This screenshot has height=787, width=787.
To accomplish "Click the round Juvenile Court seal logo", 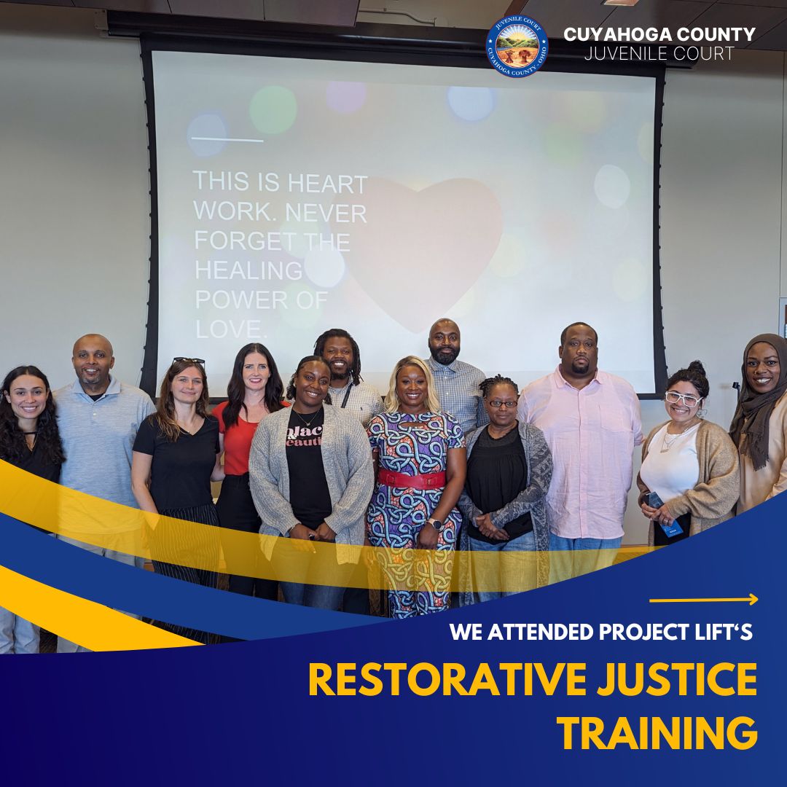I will pyautogui.click(x=517, y=46).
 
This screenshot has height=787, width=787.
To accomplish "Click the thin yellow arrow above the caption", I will pyautogui.click(x=703, y=600).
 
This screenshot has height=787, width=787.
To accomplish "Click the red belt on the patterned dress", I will pyautogui.click(x=412, y=479).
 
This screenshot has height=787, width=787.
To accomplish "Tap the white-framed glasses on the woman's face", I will pyautogui.click(x=683, y=399).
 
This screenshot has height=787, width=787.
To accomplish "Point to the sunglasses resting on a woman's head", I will pyautogui.click(x=189, y=361).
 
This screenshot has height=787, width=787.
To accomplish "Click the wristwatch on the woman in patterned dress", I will pyautogui.click(x=434, y=523).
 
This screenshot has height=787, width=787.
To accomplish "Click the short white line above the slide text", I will pyautogui.click(x=226, y=139).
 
